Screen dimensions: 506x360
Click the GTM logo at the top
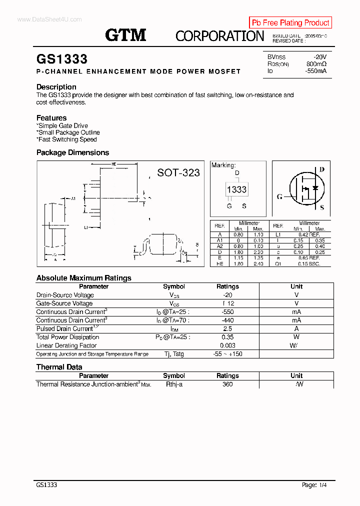point(125,35)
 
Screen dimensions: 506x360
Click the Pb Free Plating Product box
point(290,22)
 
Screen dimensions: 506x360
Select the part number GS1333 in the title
point(62,59)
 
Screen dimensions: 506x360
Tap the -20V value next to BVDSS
point(319,57)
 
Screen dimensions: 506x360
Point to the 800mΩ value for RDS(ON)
point(316,64)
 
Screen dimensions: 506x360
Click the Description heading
point(56,87)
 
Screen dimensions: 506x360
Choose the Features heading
point(51,118)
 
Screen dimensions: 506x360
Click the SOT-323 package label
point(178,172)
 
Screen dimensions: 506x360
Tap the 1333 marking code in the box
point(236,189)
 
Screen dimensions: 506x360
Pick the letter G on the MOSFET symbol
point(280,196)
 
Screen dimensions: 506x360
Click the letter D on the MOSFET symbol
point(322,169)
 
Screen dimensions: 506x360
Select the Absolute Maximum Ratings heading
point(84,278)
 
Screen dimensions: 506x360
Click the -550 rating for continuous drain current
point(227,311)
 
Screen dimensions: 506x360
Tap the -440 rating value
point(227,320)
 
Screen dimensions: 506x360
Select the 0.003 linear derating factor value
point(227,345)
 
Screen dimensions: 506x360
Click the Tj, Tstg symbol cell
point(173,354)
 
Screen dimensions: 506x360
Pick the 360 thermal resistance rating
point(227,384)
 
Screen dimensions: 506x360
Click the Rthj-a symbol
point(174,384)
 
